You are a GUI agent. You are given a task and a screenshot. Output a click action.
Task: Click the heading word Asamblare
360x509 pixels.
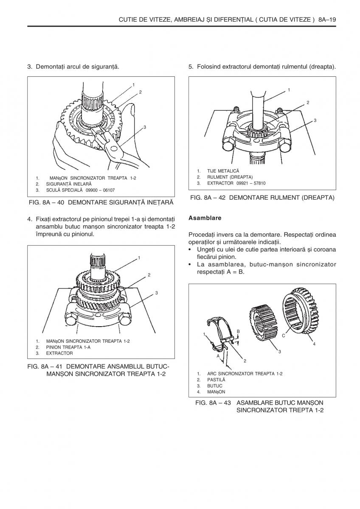tap(205, 218)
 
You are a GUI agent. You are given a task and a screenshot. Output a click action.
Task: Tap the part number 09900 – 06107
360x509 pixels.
tap(100, 190)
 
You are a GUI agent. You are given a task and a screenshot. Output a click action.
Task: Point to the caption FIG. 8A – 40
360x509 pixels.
tap(47, 203)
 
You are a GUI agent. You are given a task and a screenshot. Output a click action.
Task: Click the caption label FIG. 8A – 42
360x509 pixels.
tap(208, 198)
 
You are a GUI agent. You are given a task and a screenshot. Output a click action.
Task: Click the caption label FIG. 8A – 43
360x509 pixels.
tap(213, 403)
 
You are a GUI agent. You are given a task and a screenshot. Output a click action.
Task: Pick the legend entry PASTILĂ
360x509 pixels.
tap(216, 380)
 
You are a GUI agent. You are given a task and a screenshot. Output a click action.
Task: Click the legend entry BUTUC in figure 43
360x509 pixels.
tap(214, 386)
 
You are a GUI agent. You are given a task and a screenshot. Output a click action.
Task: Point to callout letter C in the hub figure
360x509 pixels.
tap(283, 335)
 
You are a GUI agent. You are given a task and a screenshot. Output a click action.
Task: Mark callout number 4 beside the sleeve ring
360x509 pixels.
tap(314, 344)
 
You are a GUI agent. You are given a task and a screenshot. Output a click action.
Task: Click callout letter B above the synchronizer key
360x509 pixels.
tap(238, 331)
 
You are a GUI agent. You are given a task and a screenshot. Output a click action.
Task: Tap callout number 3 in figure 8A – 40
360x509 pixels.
tap(145, 127)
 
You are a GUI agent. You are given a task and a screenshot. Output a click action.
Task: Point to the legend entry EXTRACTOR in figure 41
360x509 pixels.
tap(59, 353)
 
